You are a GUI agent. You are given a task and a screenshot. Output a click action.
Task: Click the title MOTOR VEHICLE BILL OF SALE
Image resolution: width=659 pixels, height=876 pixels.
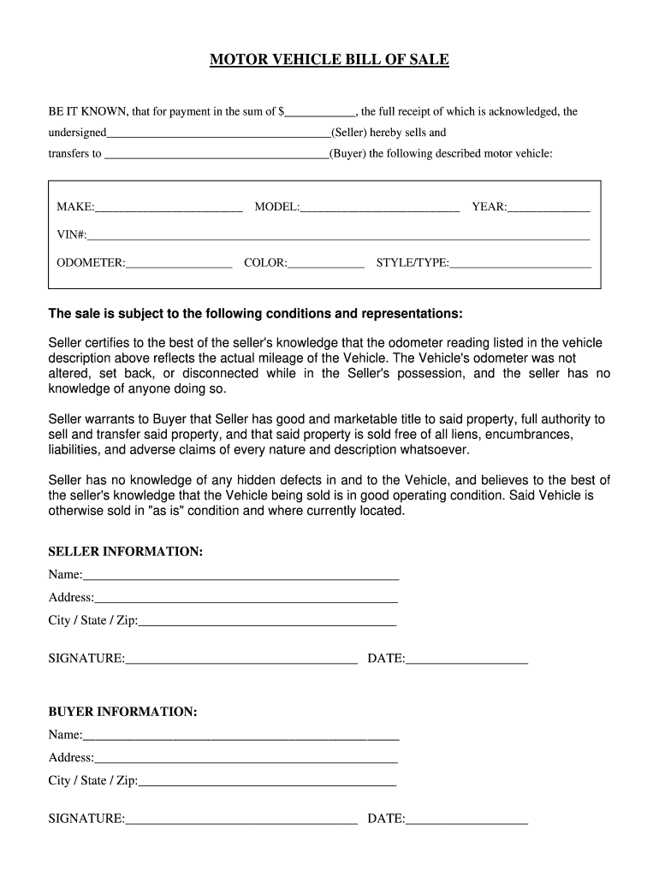pos(329,60)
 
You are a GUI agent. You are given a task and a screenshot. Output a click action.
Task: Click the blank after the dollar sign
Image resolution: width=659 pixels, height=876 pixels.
pos(321,112)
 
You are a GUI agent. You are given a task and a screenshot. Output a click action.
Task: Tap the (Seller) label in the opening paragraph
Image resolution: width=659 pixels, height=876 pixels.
pos(350,133)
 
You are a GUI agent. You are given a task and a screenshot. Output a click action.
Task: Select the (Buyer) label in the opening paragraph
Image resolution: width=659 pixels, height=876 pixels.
pos(347,154)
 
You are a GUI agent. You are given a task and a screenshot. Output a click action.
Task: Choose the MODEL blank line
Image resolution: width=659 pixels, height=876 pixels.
pos(380,208)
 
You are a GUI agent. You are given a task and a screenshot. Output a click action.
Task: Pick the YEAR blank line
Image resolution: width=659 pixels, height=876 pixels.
pos(549,208)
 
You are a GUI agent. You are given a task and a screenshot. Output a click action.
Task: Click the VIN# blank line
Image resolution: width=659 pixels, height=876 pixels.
pos(338,236)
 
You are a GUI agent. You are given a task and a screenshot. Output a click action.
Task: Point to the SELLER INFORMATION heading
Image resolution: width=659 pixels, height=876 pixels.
pos(126,552)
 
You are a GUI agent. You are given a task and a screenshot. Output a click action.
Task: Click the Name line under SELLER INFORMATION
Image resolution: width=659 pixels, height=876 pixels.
pos(241,576)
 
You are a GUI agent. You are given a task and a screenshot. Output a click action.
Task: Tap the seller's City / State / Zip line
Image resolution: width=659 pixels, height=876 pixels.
pos(267,622)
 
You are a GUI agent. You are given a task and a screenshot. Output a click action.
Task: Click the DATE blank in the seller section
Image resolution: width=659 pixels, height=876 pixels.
pos(466,660)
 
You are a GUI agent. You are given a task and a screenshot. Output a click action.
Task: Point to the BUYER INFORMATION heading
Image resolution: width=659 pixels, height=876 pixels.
pos(122,712)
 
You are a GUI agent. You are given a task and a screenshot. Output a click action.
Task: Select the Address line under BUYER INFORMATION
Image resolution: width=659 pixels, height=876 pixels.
pos(246,759)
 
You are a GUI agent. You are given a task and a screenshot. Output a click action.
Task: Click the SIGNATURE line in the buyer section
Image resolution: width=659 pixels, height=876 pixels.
pos(241,820)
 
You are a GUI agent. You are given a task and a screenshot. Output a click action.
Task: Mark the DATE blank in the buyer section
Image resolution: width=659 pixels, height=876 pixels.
pos(466,820)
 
